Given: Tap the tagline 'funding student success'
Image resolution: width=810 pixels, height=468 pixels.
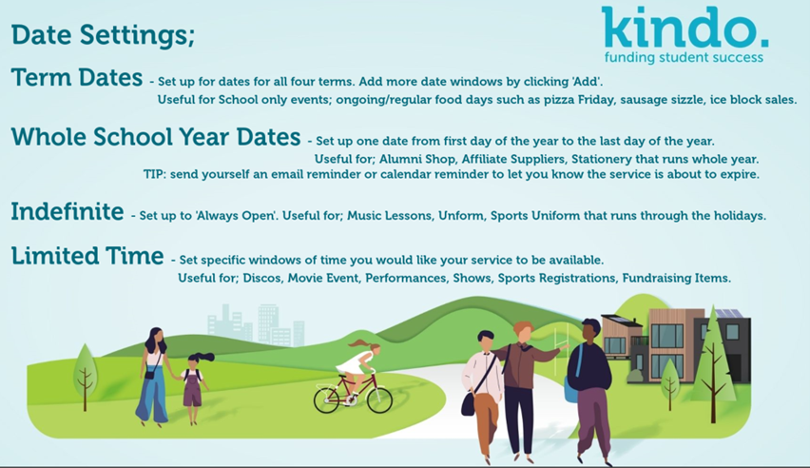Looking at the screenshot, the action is pyautogui.click(x=684, y=57).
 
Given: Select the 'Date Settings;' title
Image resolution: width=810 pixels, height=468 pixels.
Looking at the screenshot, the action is pyautogui.click(x=103, y=35).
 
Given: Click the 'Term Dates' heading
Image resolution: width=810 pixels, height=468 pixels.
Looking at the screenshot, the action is pyautogui.click(x=76, y=78).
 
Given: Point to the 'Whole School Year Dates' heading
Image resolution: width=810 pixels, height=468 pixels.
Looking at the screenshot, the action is pyautogui.click(x=156, y=137).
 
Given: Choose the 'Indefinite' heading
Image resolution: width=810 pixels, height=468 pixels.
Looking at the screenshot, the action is pyautogui.click(x=67, y=211).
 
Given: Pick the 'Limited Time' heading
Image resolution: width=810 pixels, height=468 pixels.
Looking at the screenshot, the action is pyautogui.click(x=87, y=256).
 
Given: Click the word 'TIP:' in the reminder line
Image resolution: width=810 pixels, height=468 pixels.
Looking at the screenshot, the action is pyautogui.click(x=153, y=174).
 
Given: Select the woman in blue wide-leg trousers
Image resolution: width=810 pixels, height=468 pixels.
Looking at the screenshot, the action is pyautogui.click(x=154, y=377).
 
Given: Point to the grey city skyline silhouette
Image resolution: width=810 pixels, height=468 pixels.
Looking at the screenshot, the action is pyautogui.click(x=257, y=324).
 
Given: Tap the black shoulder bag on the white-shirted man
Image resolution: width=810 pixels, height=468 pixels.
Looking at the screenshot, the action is pyautogui.click(x=469, y=404).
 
